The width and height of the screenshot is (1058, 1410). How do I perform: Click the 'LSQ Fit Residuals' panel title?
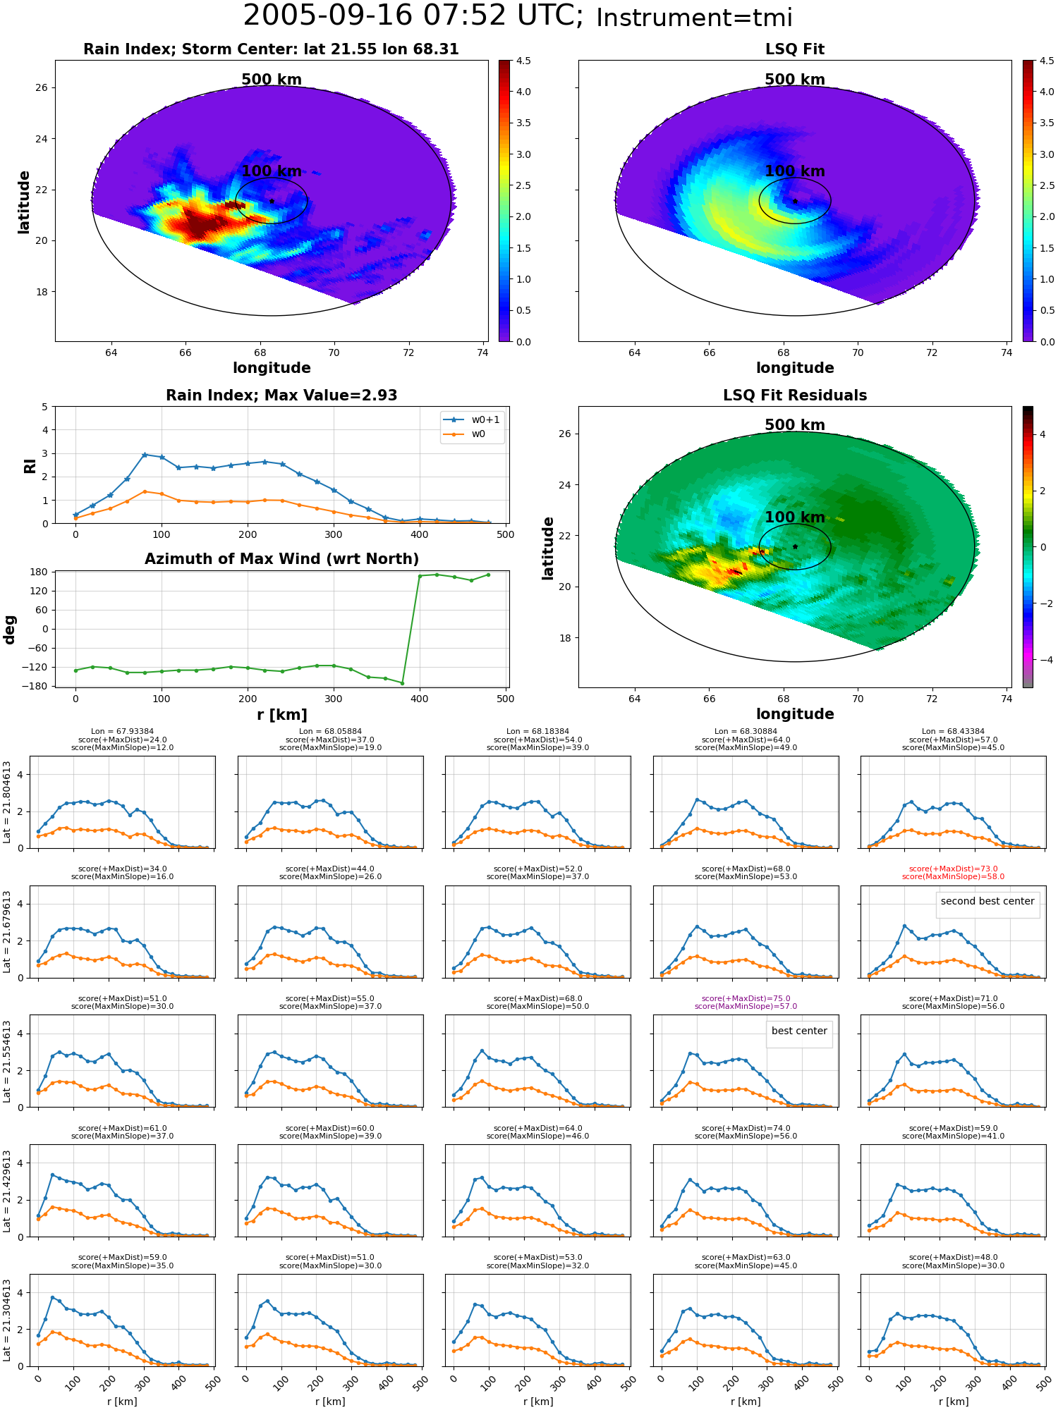(x=795, y=396)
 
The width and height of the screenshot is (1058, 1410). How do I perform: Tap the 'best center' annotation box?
(x=799, y=1031)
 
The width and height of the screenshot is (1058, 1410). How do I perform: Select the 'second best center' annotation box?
(x=987, y=902)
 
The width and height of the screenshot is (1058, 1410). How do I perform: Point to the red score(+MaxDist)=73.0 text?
(x=954, y=869)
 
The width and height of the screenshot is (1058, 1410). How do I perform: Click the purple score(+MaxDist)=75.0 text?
(x=746, y=998)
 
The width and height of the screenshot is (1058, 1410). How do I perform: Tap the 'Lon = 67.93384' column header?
(x=122, y=732)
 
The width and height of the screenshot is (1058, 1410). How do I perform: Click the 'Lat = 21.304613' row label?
(x=7, y=1320)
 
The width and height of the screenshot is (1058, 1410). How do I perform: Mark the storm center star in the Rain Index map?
(x=272, y=201)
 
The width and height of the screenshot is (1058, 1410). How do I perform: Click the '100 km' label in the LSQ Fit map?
(x=795, y=171)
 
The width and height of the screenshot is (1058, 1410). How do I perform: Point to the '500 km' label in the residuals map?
(x=795, y=425)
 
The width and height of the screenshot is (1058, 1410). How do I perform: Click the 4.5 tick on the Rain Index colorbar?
(x=523, y=61)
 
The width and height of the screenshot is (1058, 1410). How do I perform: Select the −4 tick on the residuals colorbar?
(x=1043, y=660)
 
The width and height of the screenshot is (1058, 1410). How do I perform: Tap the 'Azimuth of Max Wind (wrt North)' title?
(x=281, y=559)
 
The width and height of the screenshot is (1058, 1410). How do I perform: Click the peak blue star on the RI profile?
(x=145, y=455)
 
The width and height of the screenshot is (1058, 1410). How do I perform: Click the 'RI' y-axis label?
(x=30, y=466)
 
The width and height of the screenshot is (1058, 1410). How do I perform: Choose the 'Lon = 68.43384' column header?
(x=954, y=732)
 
